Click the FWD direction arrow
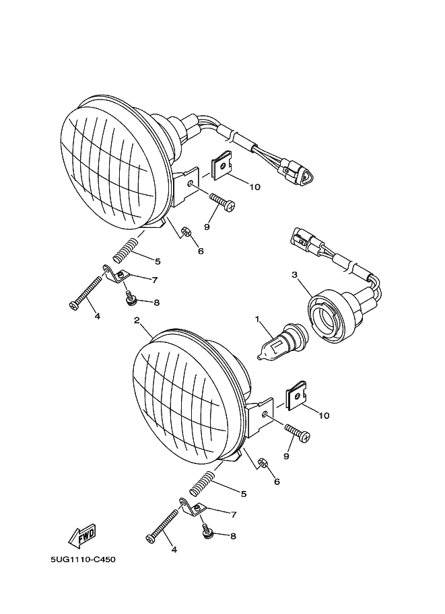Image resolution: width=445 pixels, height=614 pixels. tap(82, 535)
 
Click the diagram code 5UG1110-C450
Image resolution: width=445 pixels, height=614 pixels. tap(83, 559)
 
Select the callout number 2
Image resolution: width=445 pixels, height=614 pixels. tap(137, 320)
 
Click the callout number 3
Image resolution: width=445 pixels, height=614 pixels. tap(295, 274)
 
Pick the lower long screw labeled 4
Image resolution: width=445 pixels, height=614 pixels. tap(163, 525)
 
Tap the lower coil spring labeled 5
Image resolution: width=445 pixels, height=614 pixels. tap(203, 483)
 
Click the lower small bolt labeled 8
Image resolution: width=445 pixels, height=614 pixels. tap(206, 532)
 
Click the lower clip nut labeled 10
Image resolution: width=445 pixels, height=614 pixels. tap(297, 396)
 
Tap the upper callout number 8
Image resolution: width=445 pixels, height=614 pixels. tap(157, 303)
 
